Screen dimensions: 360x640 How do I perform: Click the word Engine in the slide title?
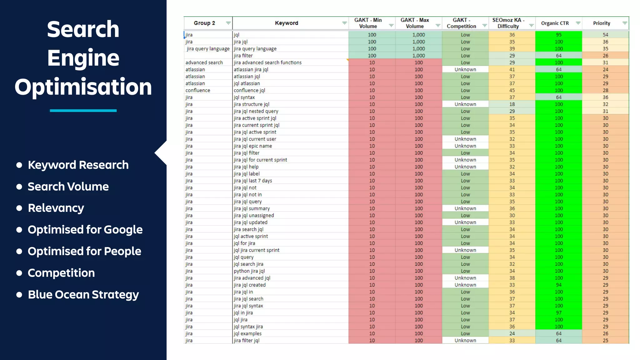tap(83, 58)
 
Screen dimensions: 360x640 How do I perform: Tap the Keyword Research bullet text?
tap(78, 165)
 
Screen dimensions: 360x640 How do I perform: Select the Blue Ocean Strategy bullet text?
tap(83, 295)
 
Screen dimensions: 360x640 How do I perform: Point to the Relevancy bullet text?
tap(56, 208)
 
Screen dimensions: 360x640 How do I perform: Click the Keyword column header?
tap(286, 23)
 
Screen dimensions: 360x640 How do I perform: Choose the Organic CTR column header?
tap(555, 23)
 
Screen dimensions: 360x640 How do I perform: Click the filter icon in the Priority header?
tap(624, 23)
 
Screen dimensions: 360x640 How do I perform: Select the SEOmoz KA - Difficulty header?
tap(508, 23)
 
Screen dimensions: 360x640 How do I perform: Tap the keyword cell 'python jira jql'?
tap(249, 271)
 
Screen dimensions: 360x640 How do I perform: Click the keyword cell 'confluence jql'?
tap(249, 90)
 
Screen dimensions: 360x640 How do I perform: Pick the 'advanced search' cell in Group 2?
tap(204, 62)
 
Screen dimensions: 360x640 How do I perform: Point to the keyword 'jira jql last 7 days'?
tap(253, 181)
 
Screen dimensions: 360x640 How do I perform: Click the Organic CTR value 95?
tap(558, 35)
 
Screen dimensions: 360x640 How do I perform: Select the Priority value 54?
tap(605, 35)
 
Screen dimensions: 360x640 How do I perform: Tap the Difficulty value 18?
tap(512, 104)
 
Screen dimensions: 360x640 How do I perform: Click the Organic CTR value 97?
tap(558, 313)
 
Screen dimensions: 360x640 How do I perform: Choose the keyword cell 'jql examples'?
tap(247, 333)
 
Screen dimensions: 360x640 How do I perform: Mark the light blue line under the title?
tap(83, 111)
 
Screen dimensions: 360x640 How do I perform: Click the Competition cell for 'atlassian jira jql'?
tap(465, 69)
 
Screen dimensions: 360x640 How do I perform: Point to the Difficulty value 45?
tap(512, 90)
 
